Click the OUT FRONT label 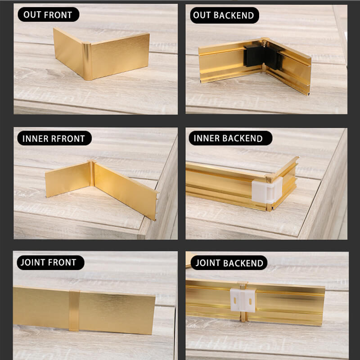pos(48,14)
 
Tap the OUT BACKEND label pos(223,16)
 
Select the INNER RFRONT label pos(54,138)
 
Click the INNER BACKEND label pos(228,138)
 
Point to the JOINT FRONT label pos(49,262)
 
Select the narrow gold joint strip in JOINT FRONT pos(74,310)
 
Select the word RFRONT pos(67,138)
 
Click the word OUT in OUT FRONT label pos(32,14)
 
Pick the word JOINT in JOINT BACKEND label pos(207,263)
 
